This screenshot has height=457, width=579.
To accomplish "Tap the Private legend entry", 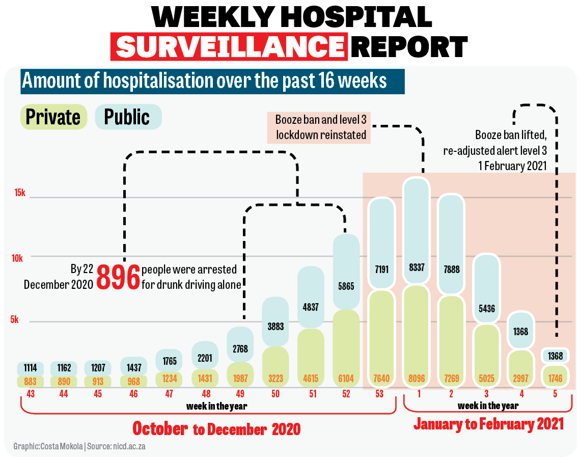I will tap(53, 117).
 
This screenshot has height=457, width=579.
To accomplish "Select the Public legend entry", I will tap(127, 117).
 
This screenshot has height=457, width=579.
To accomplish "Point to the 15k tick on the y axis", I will tap(19, 193).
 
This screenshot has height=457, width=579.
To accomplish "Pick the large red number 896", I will tap(118, 277).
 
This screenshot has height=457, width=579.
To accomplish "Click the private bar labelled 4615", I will tap(311, 357).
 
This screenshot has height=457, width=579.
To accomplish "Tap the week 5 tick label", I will tap(555, 394).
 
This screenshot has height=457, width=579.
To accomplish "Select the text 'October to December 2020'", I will tap(216, 428).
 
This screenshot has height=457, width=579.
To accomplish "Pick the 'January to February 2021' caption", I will tap(488, 424).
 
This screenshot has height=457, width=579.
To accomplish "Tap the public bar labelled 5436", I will tap(486, 308).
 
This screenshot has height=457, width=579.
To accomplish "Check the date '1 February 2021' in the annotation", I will tap(513, 165).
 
